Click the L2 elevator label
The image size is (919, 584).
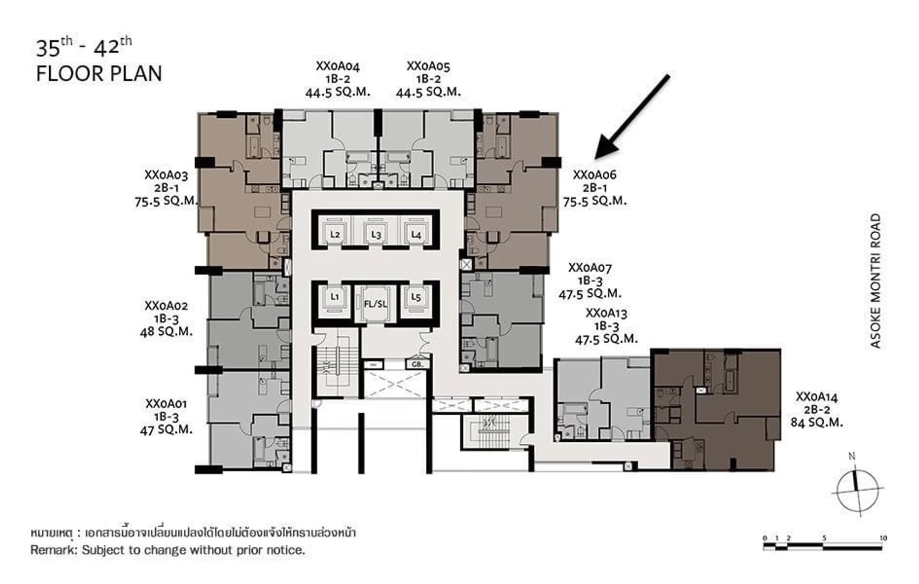(x=335, y=235)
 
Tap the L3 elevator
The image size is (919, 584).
(x=376, y=235)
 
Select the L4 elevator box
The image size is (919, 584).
(x=416, y=235)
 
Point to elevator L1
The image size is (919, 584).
(x=335, y=297)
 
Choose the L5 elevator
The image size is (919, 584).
(x=416, y=297)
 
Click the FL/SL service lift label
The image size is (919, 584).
(x=375, y=304)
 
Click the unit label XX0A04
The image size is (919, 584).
(x=338, y=66)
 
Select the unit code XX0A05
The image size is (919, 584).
(x=428, y=66)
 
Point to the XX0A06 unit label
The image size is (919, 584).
(x=595, y=175)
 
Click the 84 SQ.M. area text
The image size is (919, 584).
(x=817, y=422)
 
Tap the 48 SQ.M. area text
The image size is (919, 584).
(x=166, y=332)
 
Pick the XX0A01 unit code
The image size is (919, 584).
(x=166, y=404)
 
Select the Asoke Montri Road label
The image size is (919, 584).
(x=875, y=281)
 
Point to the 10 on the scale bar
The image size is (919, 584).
(x=883, y=538)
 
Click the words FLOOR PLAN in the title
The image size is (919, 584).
(x=99, y=74)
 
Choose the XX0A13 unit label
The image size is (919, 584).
(x=607, y=313)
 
